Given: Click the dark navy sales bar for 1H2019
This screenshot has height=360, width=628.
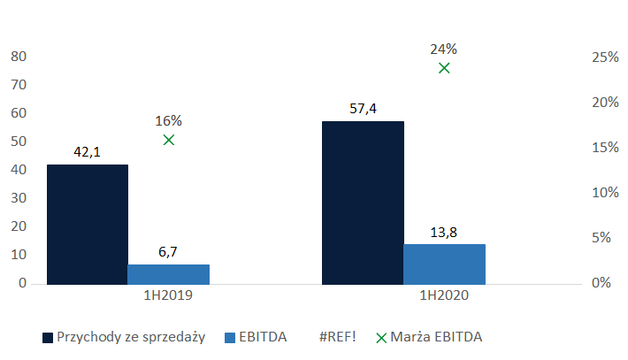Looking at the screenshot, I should point(87,225).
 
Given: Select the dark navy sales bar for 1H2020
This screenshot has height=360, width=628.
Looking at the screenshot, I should point(363,203).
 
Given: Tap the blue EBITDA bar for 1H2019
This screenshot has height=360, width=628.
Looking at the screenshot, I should point(168,274).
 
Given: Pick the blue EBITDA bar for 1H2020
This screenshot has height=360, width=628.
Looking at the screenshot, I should point(444,264).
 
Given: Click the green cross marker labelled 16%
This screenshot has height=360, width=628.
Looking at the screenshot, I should point(168,140).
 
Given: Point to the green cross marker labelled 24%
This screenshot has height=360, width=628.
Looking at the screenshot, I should point(444,68).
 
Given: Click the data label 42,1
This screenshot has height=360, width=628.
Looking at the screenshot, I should point(87,152).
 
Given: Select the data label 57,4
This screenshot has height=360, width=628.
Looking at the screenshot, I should point(363,109).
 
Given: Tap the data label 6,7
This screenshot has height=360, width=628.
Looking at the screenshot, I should point(168,252).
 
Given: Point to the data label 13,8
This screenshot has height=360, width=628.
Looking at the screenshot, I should point(444,232).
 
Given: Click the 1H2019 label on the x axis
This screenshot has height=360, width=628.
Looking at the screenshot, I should point(168,298).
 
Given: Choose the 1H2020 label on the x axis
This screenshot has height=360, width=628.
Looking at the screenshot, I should point(444,298).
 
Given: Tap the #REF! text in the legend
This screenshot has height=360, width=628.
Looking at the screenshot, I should point(341,337).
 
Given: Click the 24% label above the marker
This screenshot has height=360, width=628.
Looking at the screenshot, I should point(444,49).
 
